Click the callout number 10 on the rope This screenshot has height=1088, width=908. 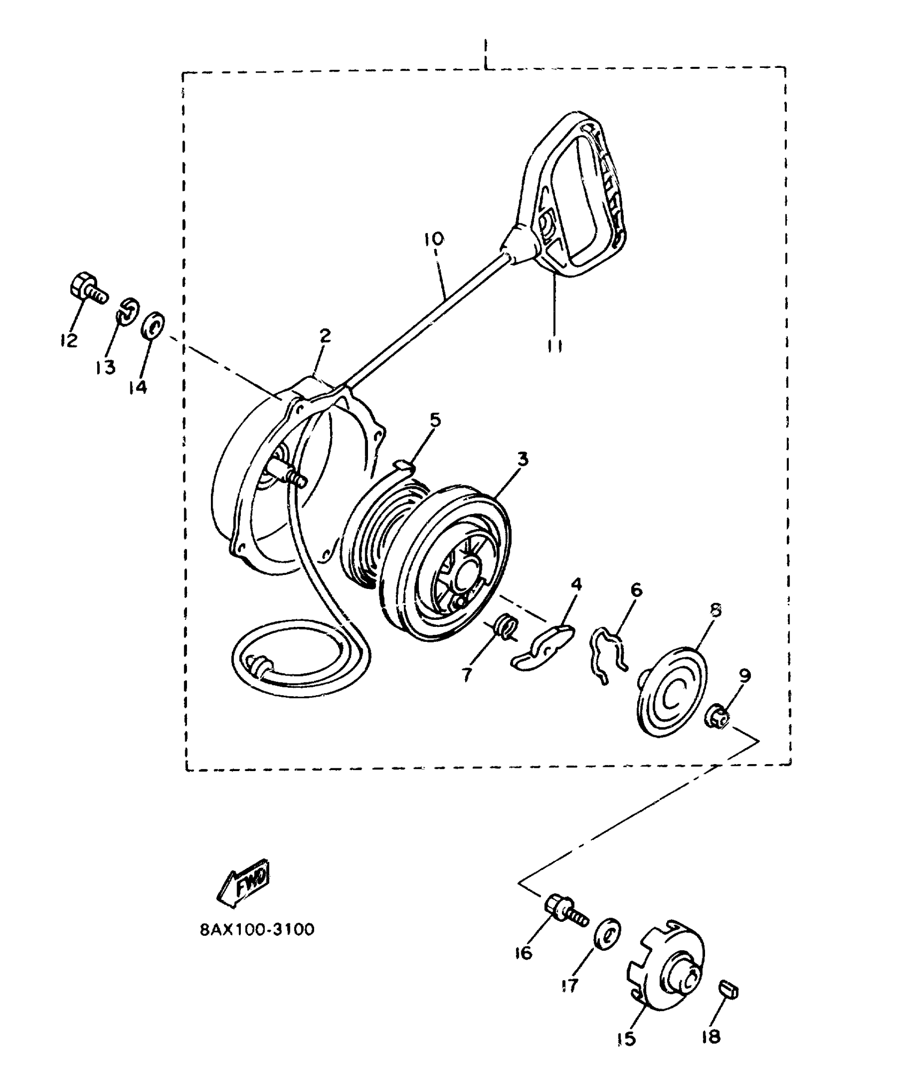434,239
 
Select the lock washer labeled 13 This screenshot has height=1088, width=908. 128,310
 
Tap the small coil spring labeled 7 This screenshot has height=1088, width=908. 505,626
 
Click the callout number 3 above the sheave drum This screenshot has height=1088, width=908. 522,459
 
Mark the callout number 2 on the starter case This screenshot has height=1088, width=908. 325,336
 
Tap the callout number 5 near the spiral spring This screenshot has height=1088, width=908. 435,420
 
